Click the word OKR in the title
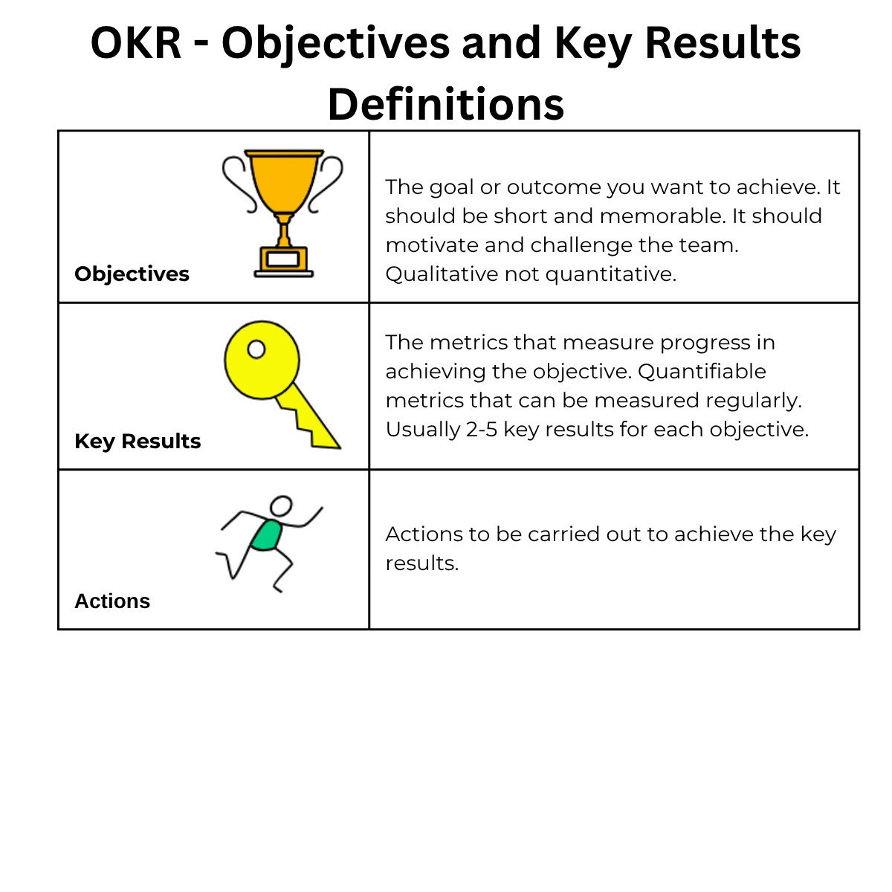click(135, 43)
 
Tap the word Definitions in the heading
click(446, 104)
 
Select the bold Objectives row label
click(132, 274)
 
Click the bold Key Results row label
click(138, 442)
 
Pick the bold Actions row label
click(112, 601)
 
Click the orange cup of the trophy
click(284, 181)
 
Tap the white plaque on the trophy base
click(282, 259)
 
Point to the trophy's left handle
click(239, 184)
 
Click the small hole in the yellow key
click(256, 349)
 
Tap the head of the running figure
click(281, 505)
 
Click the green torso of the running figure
click(267, 535)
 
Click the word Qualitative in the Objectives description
click(442, 274)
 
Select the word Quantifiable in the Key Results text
click(702, 372)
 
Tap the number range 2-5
click(482, 430)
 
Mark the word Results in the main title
click(723, 43)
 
